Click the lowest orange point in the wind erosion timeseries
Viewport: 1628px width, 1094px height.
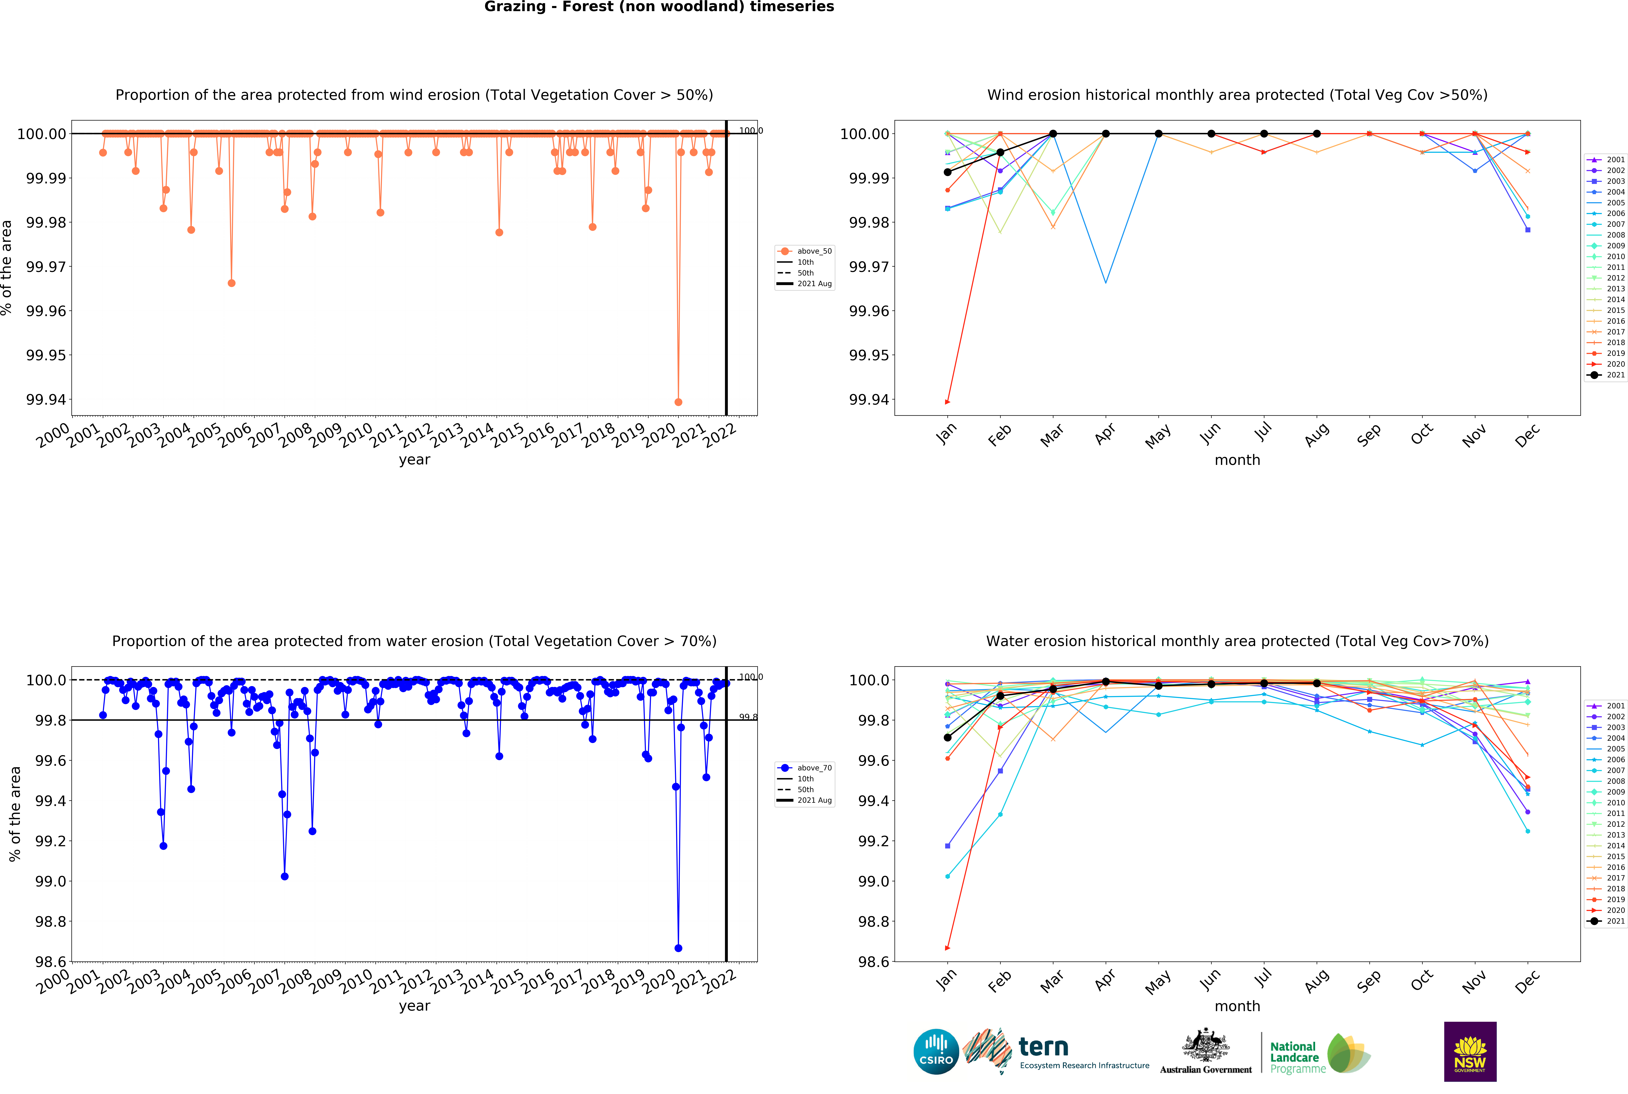678,402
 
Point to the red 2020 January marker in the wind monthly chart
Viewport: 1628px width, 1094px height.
947,402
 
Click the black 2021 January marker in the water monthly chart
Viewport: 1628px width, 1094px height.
947,737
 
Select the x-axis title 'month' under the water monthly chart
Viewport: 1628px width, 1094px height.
1237,1006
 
